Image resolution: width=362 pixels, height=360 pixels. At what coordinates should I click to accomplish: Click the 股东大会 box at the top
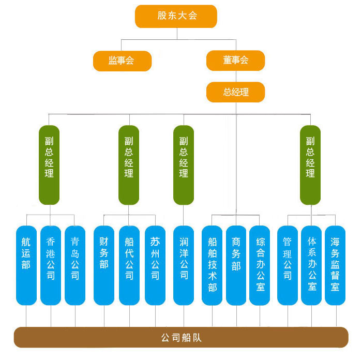[176, 16]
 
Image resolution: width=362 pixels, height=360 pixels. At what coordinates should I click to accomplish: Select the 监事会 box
[122, 61]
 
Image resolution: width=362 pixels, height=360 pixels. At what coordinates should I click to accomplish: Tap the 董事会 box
[235, 61]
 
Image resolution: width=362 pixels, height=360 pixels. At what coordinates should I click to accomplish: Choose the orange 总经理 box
[235, 92]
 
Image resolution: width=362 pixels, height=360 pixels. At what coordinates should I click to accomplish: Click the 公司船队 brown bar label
[181, 338]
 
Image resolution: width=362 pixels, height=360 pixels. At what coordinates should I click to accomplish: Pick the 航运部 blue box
[26, 265]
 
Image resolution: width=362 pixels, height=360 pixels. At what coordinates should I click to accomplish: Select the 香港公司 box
[51, 265]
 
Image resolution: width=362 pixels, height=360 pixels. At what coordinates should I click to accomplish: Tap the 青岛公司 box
[75, 265]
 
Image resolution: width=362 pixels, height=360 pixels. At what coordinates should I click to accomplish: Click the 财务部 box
[104, 265]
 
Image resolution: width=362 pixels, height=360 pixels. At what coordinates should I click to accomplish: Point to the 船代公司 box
[129, 265]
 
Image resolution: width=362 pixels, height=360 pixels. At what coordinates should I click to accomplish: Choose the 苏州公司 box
[155, 265]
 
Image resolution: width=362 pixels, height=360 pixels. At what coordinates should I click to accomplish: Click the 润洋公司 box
[184, 265]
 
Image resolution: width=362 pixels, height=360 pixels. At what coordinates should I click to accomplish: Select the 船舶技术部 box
[212, 265]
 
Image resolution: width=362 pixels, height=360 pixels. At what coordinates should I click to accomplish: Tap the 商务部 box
[236, 265]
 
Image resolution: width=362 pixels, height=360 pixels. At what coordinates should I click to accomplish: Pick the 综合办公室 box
[260, 265]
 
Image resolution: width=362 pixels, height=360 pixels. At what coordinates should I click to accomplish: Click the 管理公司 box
[288, 265]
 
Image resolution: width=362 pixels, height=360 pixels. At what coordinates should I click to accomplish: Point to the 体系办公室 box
[311, 265]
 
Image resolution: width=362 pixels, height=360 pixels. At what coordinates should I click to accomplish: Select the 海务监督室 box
[335, 265]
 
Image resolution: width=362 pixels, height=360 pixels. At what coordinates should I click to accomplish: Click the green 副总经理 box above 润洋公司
[184, 164]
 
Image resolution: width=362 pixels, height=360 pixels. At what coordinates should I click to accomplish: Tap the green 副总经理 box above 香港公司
[49, 164]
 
